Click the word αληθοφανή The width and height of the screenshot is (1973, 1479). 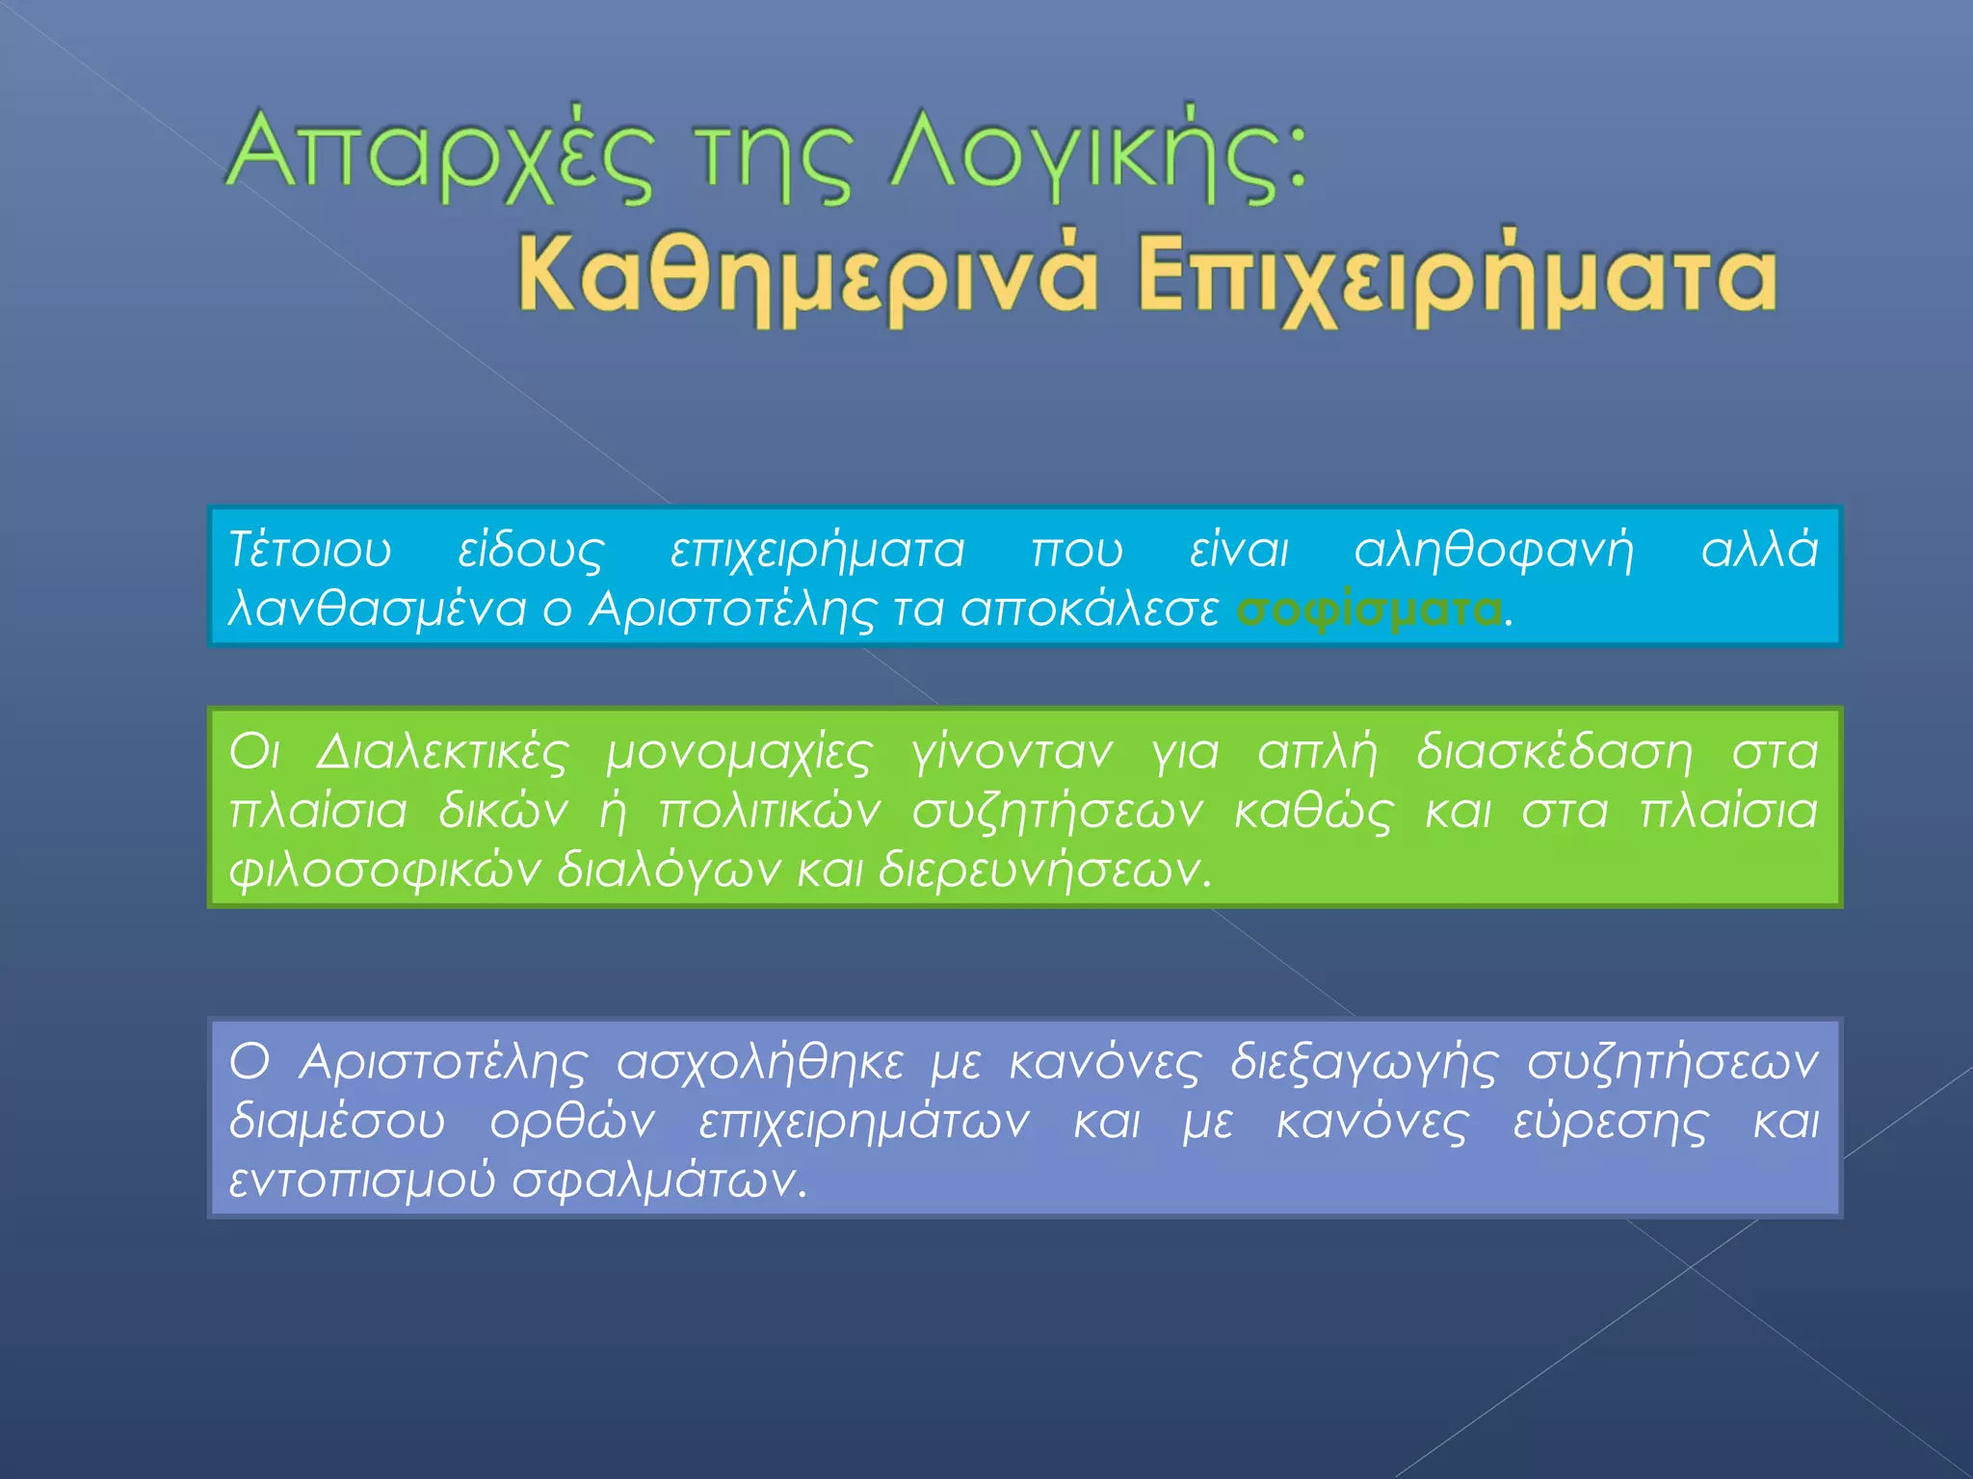coord(1494,551)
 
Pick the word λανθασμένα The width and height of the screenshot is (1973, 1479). coord(377,610)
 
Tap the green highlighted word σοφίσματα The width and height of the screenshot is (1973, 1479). coord(1369,610)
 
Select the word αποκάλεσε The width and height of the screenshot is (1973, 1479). coord(1090,610)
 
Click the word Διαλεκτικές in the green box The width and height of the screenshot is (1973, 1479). coord(442,752)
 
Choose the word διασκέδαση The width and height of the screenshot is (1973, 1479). coord(1554,752)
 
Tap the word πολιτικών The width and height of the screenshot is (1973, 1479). coord(770,811)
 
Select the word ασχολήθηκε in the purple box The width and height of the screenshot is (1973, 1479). coord(760,1063)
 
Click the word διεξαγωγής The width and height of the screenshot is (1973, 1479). coord(1364,1063)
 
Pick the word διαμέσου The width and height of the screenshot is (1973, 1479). coord(337,1123)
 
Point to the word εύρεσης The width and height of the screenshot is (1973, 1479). coord(1610,1123)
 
